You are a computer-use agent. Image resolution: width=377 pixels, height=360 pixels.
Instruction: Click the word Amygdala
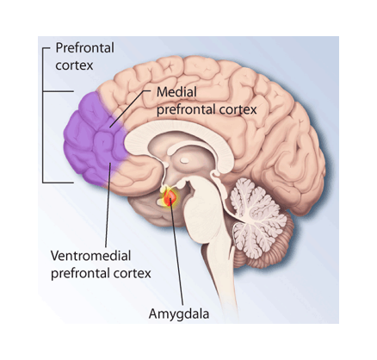[x=179, y=314]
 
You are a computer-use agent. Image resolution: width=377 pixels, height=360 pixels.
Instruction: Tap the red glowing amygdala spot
[x=170, y=197]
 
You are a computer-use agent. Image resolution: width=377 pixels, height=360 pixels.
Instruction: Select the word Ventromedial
[x=90, y=255]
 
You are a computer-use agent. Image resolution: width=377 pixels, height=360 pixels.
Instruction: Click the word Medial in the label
[x=176, y=92]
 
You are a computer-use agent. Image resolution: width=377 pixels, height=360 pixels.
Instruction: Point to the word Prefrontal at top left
[x=84, y=47]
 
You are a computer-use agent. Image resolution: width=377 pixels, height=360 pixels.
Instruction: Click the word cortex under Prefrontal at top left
[x=74, y=65]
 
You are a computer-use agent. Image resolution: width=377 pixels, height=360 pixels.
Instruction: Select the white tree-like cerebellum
[x=256, y=216]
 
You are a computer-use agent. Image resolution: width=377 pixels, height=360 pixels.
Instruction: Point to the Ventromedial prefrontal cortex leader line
[x=108, y=205]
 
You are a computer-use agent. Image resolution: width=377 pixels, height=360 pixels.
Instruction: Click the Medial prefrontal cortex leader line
[x=130, y=109]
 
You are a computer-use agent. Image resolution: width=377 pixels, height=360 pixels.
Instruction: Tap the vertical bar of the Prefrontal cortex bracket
[x=43, y=115]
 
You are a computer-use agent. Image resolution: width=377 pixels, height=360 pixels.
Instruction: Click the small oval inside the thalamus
[x=183, y=159]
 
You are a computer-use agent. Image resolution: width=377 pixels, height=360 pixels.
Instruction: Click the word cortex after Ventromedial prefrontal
[x=133, y=274]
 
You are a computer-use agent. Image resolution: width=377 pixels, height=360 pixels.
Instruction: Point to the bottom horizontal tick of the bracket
[x=58, y=182]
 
